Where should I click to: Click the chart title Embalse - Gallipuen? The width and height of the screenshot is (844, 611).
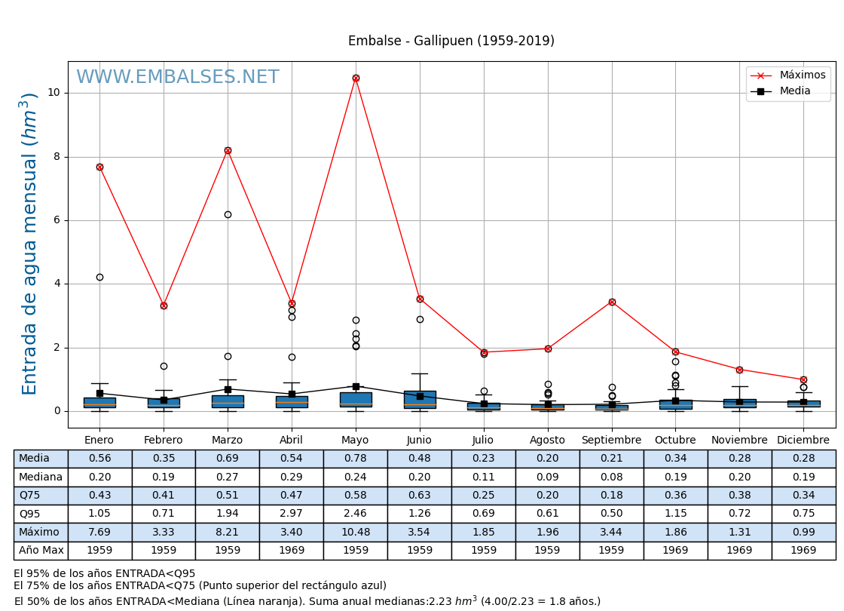coord(451,41)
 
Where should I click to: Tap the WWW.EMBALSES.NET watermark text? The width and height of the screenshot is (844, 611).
coord(178,78)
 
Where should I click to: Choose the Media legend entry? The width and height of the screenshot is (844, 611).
coord(795,91)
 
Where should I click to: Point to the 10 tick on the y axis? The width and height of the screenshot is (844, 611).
coord(54,93)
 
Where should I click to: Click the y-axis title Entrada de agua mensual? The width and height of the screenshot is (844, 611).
coord(29,244)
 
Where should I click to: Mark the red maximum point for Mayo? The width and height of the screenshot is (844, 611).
coord(356,78)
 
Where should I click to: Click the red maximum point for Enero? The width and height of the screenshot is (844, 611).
coord(99,167)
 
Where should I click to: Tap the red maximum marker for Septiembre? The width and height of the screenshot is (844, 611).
coord(612,302)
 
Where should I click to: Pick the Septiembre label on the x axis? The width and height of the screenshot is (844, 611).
coord(611,441)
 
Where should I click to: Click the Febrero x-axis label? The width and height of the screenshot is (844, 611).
coord(164,441)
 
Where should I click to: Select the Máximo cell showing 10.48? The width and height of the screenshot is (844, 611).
coord(356,533)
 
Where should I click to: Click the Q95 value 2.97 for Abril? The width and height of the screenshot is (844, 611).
coord(292,514)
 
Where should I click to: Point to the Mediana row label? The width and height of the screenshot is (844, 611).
coord(41,477)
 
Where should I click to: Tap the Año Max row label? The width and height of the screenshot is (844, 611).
coord(41,551)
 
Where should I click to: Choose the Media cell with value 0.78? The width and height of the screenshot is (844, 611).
coord(356,459)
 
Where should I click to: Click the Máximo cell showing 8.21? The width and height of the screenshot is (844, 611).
coord(228,533)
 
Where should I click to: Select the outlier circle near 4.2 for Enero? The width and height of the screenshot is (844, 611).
coord(99,278)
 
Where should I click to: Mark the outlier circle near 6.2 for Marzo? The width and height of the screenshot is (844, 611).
coord(228,214)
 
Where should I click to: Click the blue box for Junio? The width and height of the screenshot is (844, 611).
coord(420,399)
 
